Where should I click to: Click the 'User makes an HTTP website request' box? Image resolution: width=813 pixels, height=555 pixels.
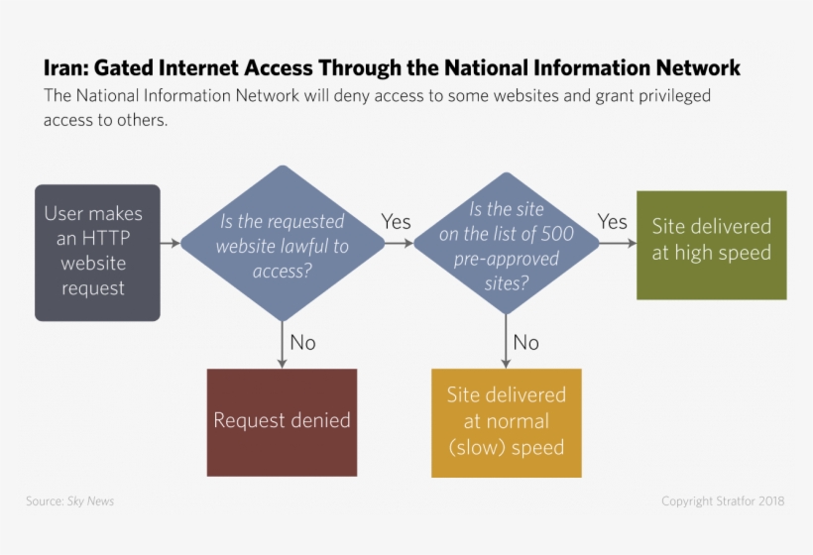(x=97, y=252)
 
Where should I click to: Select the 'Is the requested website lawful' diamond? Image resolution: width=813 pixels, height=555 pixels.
(x=283, y=244)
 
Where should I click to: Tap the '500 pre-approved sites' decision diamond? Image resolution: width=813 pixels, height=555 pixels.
(x=506, y=245)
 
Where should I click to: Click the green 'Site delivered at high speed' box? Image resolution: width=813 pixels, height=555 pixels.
(x=711, y=244)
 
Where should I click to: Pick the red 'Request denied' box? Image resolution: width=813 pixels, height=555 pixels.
(x=282, y=422)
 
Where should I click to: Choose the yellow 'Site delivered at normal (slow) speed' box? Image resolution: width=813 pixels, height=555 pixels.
(x=506, y=422)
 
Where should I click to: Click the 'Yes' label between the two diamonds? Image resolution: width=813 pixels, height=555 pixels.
(x=397, y=222)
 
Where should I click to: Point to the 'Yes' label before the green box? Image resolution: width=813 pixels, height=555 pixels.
(x=613, y=222)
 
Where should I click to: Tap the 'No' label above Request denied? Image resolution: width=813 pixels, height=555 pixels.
(x=302, y=342)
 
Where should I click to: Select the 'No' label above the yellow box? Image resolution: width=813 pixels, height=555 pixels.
(x=526, y=342)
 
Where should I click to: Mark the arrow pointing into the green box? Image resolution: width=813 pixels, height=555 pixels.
(x=617, y=243)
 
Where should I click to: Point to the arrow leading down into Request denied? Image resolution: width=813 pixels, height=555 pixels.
(x=283, y=347)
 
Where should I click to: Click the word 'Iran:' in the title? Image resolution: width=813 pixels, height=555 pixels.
(x=66, y=68)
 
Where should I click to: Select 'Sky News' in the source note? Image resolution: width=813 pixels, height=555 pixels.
(x=90, y=501)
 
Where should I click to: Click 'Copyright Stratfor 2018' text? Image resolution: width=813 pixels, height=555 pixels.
(x=723, y=501)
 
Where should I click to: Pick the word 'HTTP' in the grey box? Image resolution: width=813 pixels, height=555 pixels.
(x=105, y=239)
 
